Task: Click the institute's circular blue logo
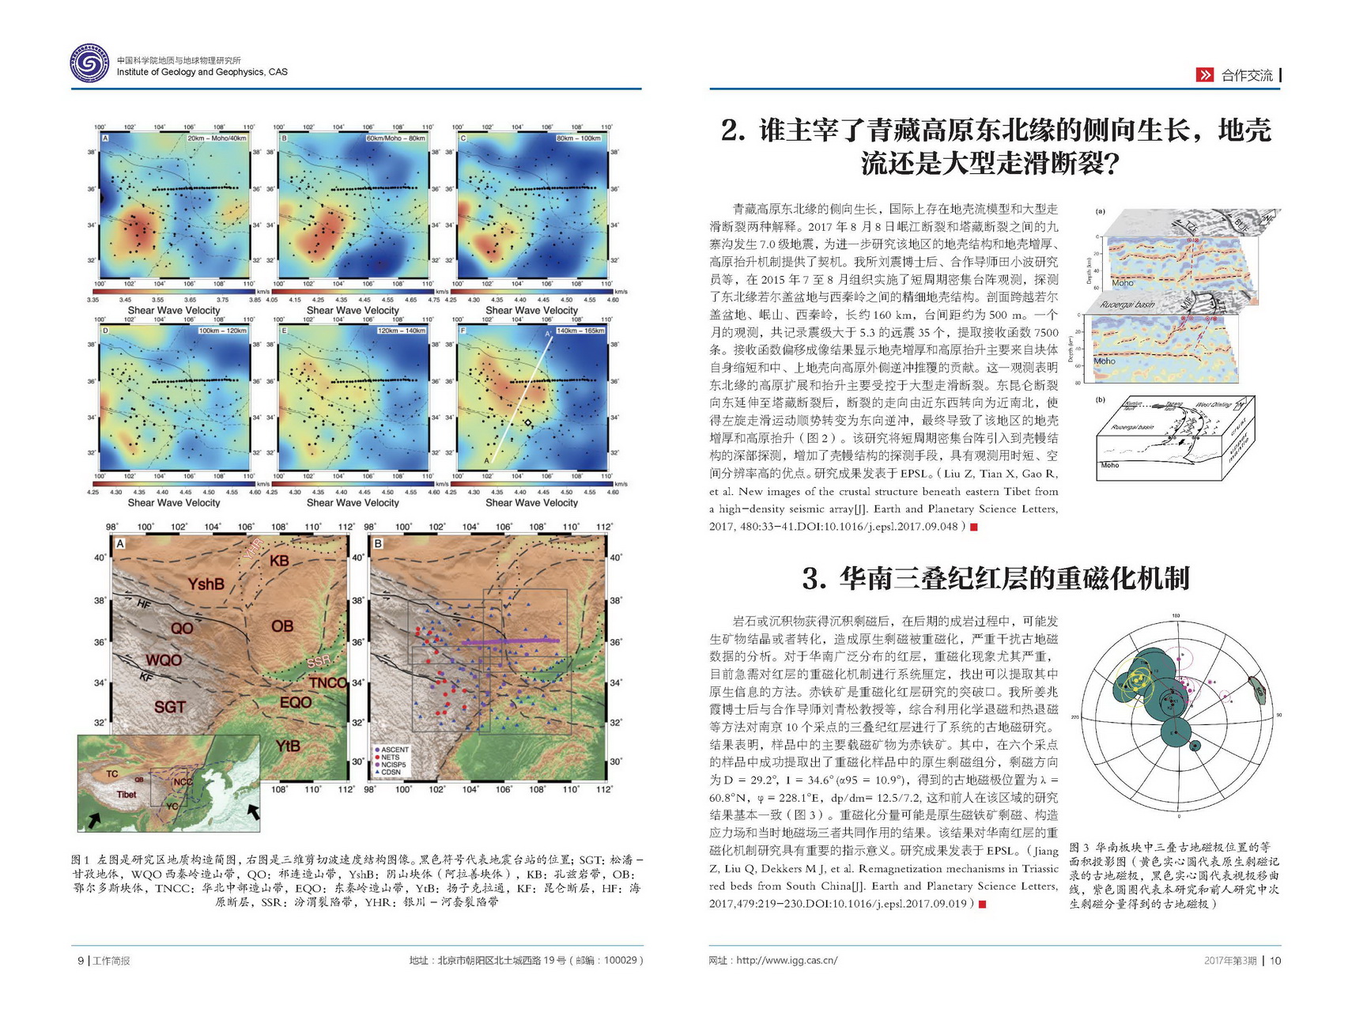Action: tap(89, 63)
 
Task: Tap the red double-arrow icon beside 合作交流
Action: tap(1204, 75)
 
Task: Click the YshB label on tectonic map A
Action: tap(206, 584)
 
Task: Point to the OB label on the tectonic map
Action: tap(282, 625)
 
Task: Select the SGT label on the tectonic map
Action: tap(170, 706)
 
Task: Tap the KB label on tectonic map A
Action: tap(280, 561)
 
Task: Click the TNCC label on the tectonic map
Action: tap(327, 682)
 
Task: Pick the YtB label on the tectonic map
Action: tap(288, 745)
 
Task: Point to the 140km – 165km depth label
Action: tap(580, 331)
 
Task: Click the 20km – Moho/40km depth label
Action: tap(217, 138)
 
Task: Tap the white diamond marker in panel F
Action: tap(528, 424)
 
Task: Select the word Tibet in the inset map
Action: tap(127, 794)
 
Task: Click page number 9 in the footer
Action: tap(80, 961)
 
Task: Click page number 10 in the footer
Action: tap(1275, 961)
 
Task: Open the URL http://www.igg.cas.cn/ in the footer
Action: tap(786, 961)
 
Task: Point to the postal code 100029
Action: tap(620, 961)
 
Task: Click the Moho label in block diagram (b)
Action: tap(1110, 465)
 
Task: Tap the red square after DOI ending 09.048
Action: tap(973, 527)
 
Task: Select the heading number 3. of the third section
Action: tap(814, 579)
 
